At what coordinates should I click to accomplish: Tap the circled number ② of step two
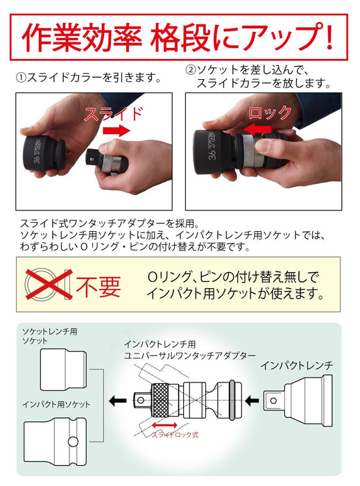191,70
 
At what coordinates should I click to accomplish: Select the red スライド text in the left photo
114,114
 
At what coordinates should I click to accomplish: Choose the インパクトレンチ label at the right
298,364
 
